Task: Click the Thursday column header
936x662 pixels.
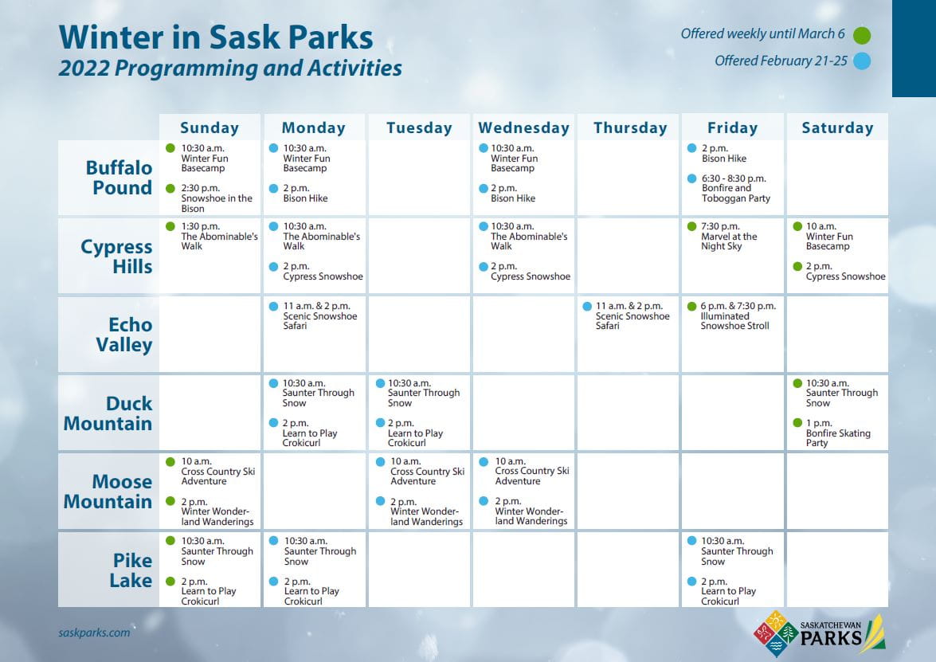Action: [629, 127]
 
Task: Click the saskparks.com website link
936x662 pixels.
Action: [94, 633]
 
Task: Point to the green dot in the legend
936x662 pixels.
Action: [861, 35]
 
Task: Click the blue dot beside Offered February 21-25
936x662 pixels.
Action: [861, 61]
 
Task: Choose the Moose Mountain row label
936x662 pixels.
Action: [108, 492]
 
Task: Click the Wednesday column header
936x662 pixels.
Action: [523, 127]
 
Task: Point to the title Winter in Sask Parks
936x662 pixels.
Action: [216, 37]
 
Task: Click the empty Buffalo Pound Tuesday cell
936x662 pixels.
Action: [420, 178]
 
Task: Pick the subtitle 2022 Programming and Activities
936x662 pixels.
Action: [230, 69]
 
